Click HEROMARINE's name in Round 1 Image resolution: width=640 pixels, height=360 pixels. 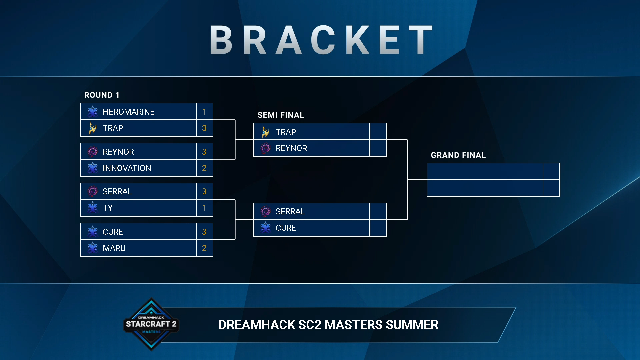click(x=128, y=112)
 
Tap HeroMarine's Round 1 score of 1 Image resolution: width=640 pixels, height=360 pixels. click(x=204, y=112)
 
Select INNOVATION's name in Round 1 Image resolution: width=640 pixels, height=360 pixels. click(x=127, y=168)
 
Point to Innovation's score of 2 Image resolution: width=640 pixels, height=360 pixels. click(x=204, y=168)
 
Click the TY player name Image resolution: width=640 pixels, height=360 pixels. click(x=108, y=208)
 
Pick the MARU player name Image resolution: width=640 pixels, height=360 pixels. click(x=114, y=248)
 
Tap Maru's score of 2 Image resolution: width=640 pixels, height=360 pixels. click(x=204, y=248)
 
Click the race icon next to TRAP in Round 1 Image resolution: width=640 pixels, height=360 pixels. click(x=92, y=128)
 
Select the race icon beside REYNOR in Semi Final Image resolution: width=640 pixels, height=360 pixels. click(x=265, y=148)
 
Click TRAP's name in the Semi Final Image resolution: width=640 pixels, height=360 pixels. click(x=286, y=132)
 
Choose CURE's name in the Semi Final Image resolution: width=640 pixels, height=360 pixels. click(x=286, y=228)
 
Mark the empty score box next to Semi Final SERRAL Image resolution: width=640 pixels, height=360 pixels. click(x=378, y=211)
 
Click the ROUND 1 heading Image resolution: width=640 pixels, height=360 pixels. click(x=102, y=95)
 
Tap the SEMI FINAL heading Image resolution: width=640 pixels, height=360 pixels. click(x=281, y=115)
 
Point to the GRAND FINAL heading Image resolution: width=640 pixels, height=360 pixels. click(x=458, y=155)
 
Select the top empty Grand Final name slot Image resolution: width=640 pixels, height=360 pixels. click(x=485, y=171)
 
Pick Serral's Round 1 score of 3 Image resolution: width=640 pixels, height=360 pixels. click(x=204, y=191)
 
